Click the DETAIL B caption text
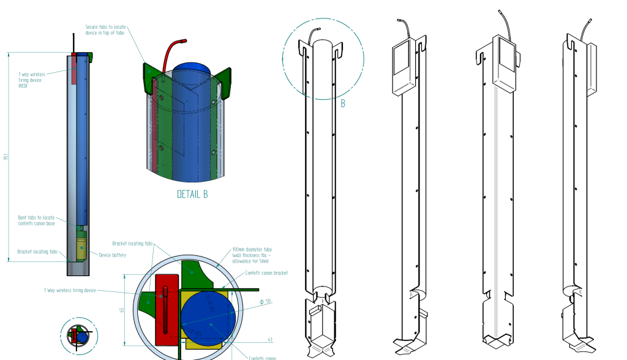(192, 195)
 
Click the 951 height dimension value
(6, 157)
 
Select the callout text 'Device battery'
(113, 255)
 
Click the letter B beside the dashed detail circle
(343, 103)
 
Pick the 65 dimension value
(122, 310)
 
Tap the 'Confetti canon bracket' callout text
(266, 273)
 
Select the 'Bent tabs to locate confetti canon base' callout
(36, 220)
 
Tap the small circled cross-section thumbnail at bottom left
(79, 336)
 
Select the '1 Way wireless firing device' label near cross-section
(70, 290)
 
